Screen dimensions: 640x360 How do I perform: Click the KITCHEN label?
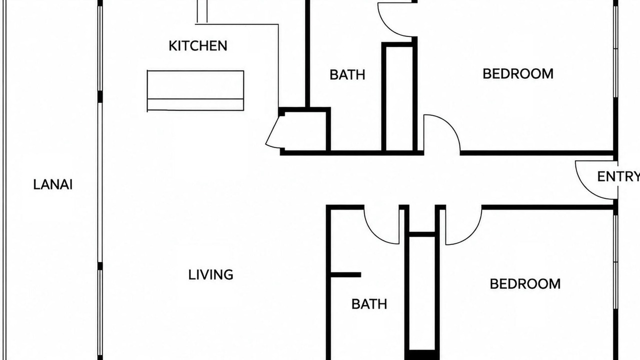pyautogui.click(x=198, y=46)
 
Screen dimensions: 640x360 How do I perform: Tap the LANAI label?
pyautogui.click(x=53, y=184)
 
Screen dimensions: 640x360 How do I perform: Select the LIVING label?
pyautogui.click(x=211, y=275)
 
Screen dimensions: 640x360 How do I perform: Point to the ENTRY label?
pyautogui.click(x=618, y=176)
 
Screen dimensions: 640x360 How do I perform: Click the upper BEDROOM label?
pyautogui.click(x=518, y=73)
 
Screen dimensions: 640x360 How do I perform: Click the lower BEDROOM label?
pyautogui.click(x=525, y=284)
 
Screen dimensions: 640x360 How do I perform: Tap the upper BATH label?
pyautogui.click(x=347, y=75)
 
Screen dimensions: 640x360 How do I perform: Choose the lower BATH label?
pyautogui.click(x=369, y=304)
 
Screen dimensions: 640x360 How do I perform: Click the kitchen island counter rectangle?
pyautogui.click(x=195, y=90)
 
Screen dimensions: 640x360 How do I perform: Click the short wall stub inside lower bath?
pyautogui.click(x=345, y=275)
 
